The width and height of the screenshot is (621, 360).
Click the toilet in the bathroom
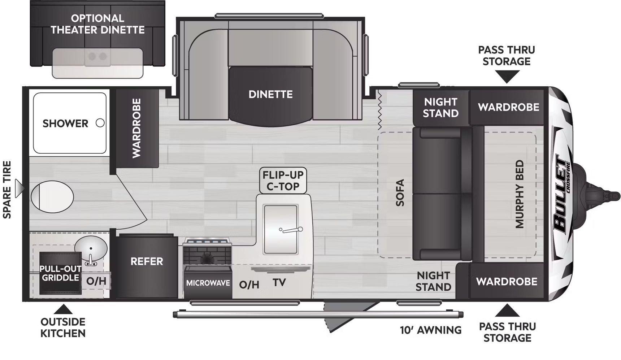pyautogui.click(x=52, y=197)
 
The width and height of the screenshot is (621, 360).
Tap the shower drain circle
pyautogui.click(x=100, y=123)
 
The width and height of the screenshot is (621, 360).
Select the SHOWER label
pyautogui.click(x=65, y=123)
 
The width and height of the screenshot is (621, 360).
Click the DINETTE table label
pyautogui.click(x=270, y=94)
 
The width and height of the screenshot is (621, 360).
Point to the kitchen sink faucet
pyautogui.click(x=291, y=230)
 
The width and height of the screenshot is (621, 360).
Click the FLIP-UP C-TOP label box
pyautogui.click(x=283, y=181)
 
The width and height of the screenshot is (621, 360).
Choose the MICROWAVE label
pyautogui.click(x=208, y=283)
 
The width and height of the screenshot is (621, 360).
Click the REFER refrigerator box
pyautogui.click(x=147, y=266)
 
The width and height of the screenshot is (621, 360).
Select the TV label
pyautogui.click(x=279, y=282)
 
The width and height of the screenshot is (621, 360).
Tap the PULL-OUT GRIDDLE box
pyautogui.click(x=60, y=273)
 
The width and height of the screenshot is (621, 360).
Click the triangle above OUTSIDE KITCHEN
pyautogui.click(x=63, y=309)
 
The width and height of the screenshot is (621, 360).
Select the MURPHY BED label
pyautogui.click(x=519, y=194)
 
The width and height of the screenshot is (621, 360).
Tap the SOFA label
pyautogui.click(x=400, y=192)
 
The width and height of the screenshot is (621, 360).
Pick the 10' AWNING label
pyautogui.click(x=431, y=330)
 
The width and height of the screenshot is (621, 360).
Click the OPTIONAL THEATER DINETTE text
pyautogui.click(x=97, y=24)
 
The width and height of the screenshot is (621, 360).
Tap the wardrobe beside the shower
pyautogui.click(x=137, y=128)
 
